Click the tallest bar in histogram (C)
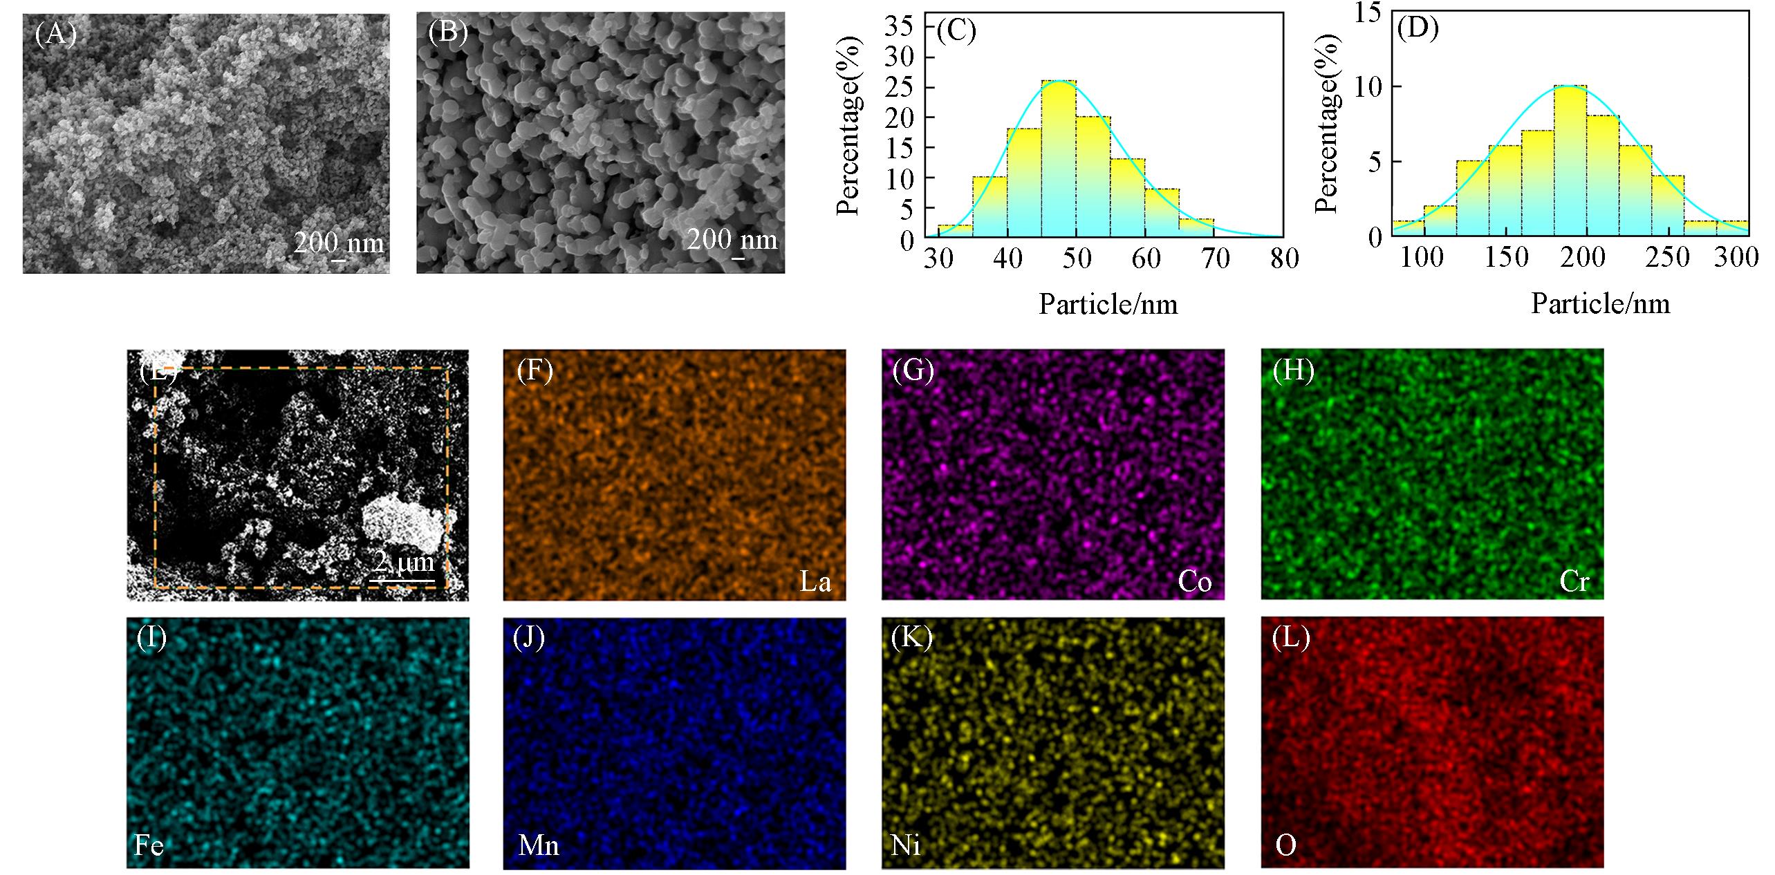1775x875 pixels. (1059, 159)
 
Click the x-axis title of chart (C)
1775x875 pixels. (1108, 304)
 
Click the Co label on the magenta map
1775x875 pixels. (1194, 583)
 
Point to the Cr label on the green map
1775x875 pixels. (1574, 583)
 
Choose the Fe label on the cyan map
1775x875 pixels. (149, 846)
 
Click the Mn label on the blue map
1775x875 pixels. (538, 846)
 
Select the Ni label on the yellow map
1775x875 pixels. (906, 846)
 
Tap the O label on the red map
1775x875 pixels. (1285, 846)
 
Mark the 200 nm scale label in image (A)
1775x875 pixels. (339, 243)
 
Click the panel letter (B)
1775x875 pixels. (447, 32)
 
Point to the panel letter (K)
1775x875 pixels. (912, 638)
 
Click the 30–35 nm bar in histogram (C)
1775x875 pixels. (955, 231)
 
